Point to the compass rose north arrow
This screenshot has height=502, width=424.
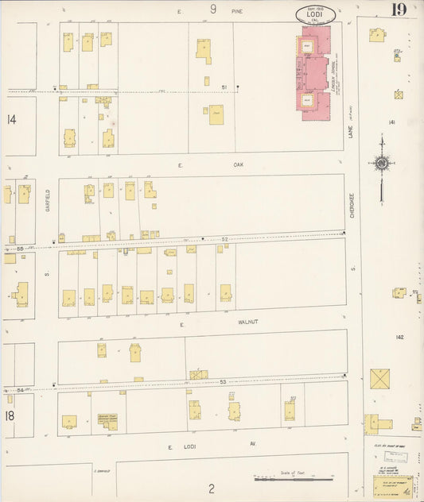click(x=381, y=164)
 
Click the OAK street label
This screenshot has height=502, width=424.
click(x=237, y=164)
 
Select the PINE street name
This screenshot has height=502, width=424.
click(x=236, y=12)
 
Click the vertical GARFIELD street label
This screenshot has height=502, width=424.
click(x=48, y=198)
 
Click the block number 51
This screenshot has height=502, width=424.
click(x=224, y=87)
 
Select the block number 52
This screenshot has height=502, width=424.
click(x=225, y=238)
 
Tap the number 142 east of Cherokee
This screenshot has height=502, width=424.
click(x=399, y=337)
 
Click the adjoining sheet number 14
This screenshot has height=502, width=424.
click(x=11, y=120)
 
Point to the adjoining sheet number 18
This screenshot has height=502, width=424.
click(x=10, y=415)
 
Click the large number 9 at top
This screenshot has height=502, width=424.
click(x=213, y=10)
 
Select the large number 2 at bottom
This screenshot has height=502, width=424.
click(x=212, y=488)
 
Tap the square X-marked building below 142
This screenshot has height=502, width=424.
click(x=380, y=378)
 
